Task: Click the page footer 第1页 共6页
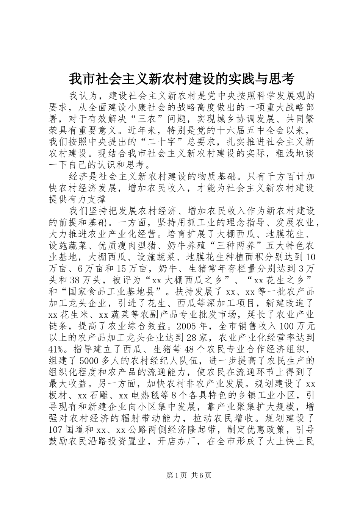tap(180, 486)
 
